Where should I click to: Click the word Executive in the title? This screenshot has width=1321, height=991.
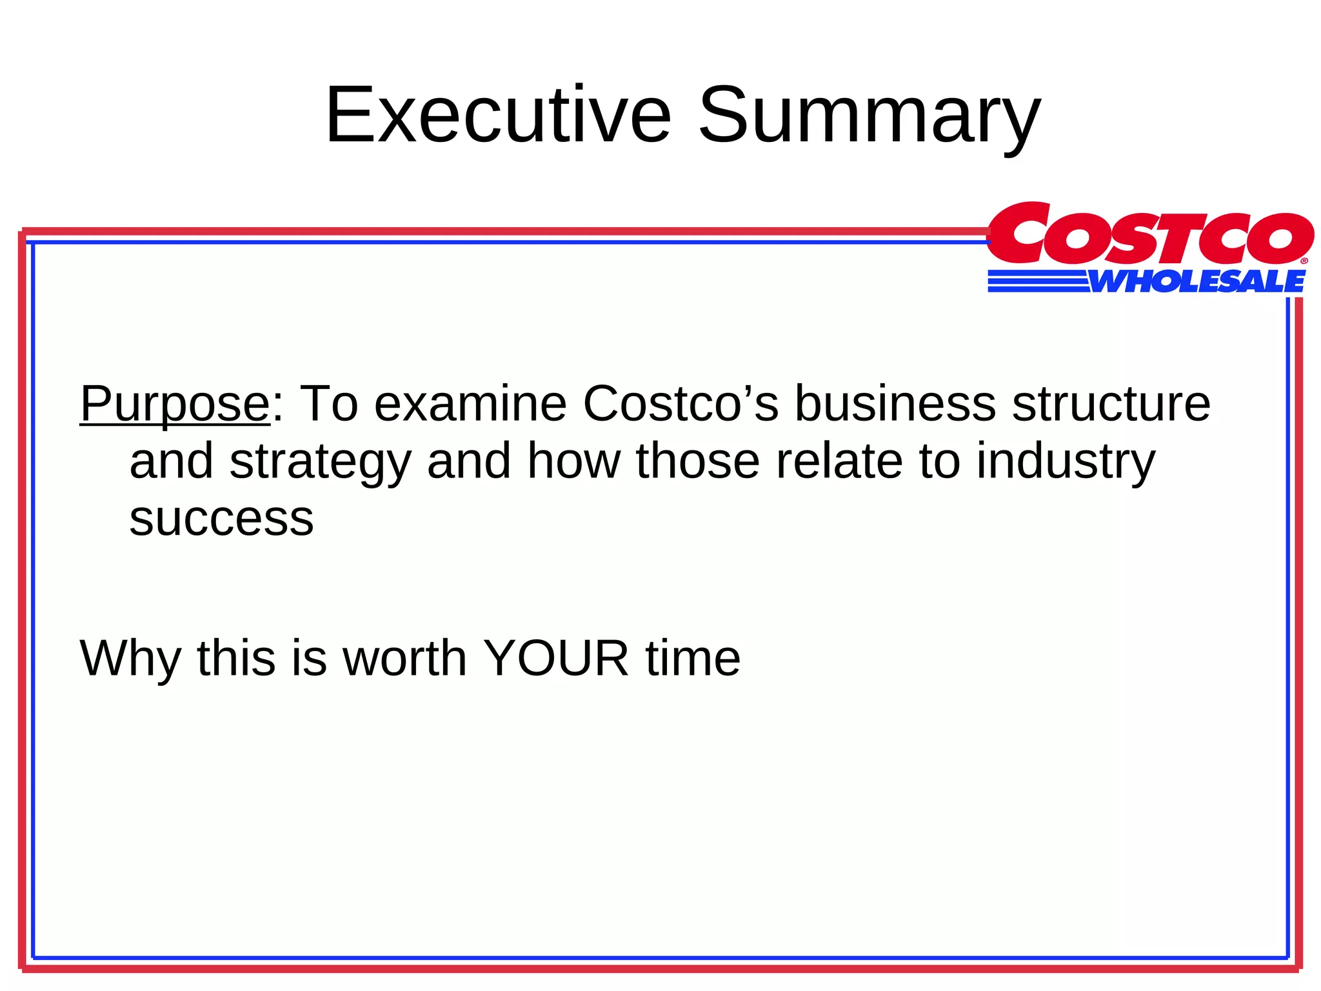[498, 116]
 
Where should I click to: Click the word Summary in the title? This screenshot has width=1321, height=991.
[869, 116]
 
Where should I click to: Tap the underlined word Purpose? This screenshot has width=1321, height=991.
[174, 405]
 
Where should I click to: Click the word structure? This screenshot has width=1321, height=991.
[1111, 405]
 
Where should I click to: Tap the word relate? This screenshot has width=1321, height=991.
[839, 462]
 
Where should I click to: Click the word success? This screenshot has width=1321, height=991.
[221, 519]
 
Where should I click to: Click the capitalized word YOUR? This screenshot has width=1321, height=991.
[556, 659]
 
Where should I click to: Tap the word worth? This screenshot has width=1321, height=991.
[404, 659]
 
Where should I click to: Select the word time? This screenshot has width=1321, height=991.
[693, 659]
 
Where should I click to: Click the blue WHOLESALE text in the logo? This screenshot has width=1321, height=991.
[1197, 282]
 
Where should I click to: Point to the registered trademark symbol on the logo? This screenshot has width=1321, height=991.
[1304, 261]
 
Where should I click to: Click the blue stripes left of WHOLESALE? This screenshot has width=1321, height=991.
[1038, 282]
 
